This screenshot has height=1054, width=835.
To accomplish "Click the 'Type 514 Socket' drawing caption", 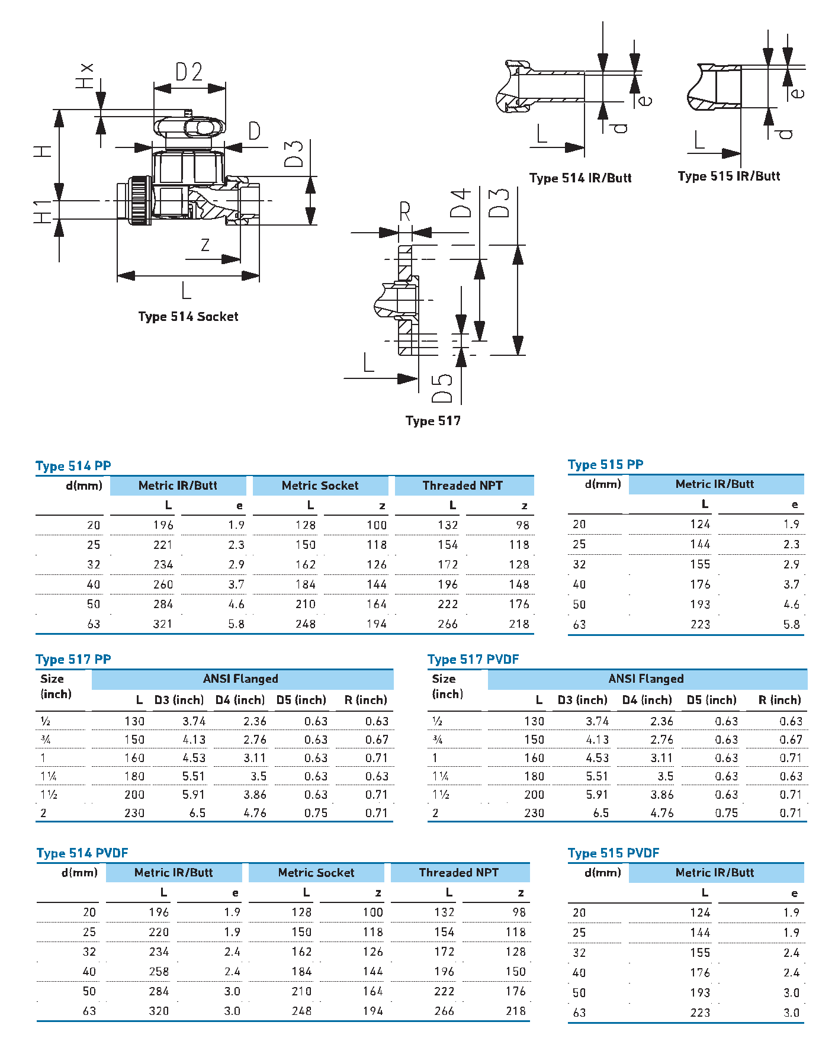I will [188, 317].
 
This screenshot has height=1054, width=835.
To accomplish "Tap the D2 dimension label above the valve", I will [189, 72].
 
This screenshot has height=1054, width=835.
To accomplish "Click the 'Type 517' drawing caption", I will [433, 421].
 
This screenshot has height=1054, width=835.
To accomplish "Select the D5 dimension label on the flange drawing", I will [442, 388].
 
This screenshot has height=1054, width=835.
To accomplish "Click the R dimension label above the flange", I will [405, 211].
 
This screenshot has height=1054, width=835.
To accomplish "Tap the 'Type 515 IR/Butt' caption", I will [728, 176].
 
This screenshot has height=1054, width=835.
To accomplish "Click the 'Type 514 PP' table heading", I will [73, 466].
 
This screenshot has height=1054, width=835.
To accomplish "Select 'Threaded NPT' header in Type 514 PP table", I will [463, 486].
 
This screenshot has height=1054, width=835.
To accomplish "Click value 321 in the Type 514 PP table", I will [163, 624].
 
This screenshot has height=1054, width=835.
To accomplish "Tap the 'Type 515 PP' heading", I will [605, 465].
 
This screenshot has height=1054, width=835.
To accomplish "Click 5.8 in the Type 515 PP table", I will [791, 625].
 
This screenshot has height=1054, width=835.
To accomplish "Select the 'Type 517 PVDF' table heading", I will [473, 660].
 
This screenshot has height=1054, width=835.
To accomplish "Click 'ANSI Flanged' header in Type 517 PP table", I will [240, 679].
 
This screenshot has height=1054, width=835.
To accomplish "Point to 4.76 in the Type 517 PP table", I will [255, 813].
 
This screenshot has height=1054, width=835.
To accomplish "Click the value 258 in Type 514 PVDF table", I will [159, 972].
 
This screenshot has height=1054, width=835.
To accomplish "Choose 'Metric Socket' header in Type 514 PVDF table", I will [316, 873].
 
